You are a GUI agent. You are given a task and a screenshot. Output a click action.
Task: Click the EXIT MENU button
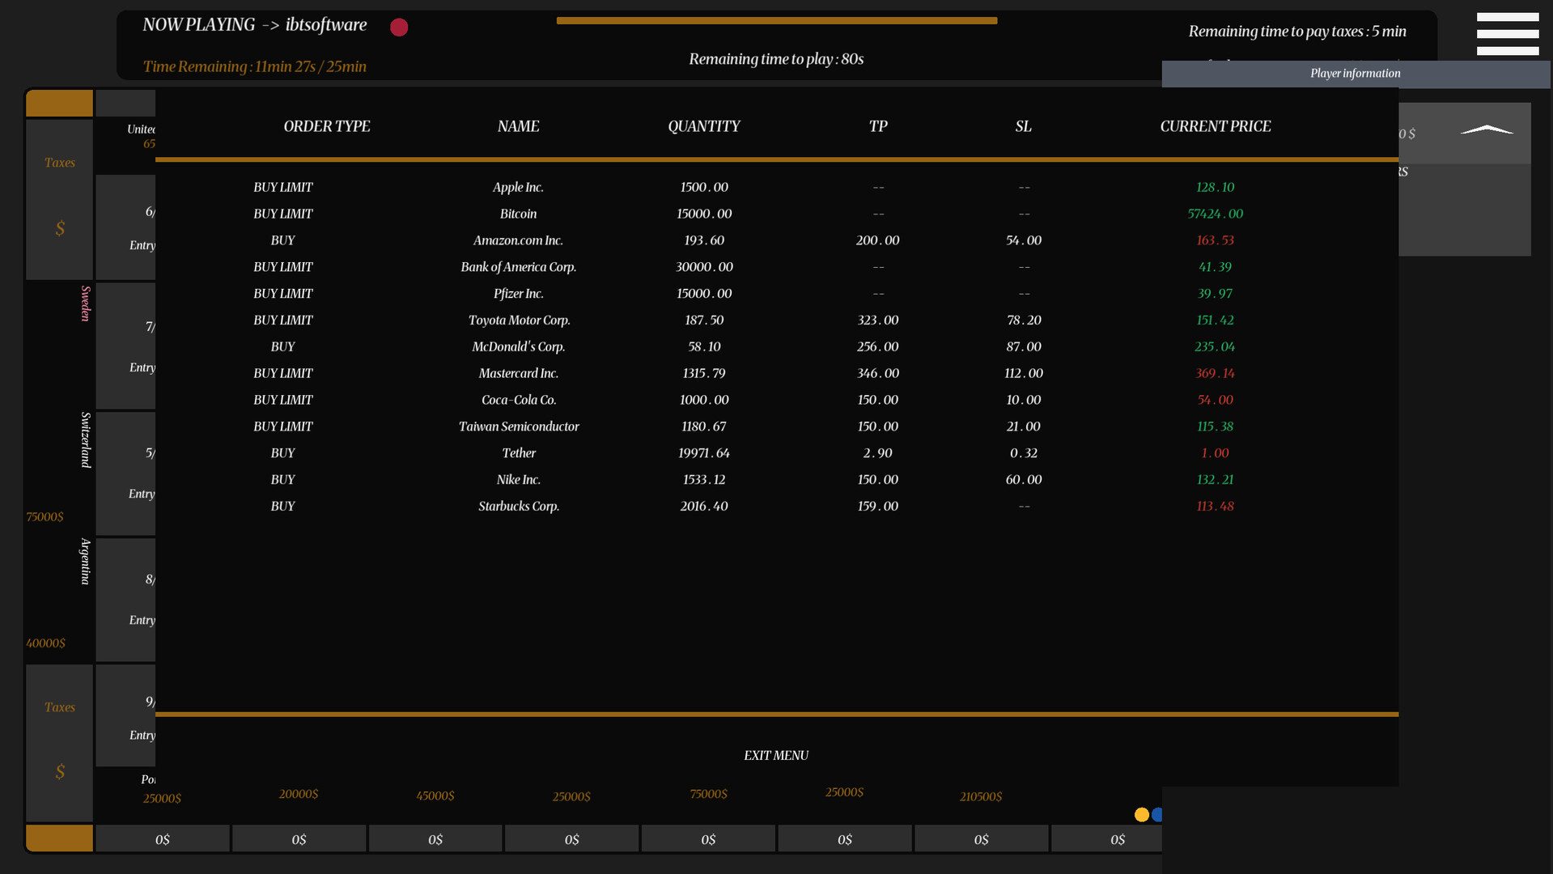point(775,755)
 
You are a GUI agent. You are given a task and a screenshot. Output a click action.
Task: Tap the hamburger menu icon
point(1507,34)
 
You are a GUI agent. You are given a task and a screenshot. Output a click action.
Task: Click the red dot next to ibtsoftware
point(399,28)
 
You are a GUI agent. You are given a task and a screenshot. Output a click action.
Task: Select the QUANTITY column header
point(703,126)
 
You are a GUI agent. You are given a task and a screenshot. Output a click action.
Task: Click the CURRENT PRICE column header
point(1215,126)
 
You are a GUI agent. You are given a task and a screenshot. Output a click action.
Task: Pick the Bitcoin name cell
point(518,214)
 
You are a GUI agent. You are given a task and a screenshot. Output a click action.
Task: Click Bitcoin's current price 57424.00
point(1215,214)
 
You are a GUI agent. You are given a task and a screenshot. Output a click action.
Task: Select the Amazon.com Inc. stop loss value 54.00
point(1023,240)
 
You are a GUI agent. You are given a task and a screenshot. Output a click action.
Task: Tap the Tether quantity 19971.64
point(703,453)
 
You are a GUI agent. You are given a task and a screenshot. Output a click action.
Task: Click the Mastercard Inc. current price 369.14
point(1215,373)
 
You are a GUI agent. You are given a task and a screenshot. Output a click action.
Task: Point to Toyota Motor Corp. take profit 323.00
point(877,320)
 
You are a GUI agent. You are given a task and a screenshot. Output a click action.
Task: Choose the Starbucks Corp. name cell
point(518,506)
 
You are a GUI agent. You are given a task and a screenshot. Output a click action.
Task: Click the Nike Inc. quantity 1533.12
point(703,479)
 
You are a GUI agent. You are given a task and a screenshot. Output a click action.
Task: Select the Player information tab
point(1355,74)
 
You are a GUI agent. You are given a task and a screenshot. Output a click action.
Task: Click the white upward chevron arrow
point(1487,129)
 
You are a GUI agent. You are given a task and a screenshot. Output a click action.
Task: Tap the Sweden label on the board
point(85,303)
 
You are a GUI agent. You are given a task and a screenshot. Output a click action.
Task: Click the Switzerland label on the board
point(85,439)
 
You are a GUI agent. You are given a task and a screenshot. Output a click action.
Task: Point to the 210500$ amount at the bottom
point(980,796)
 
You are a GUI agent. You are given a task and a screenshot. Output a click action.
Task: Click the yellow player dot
point(1141,814)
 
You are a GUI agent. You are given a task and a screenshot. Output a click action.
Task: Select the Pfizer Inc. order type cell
point(282,293)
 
